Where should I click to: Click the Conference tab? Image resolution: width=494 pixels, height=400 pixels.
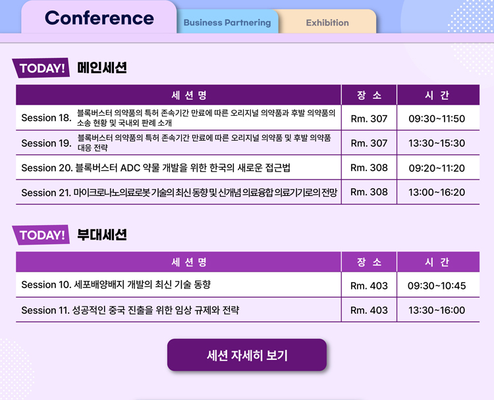[99, 18]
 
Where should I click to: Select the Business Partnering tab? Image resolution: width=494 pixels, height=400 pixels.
[227, 22]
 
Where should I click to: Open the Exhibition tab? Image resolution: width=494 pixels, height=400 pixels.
[327, 22]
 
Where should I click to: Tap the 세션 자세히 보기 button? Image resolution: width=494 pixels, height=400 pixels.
[247, 355]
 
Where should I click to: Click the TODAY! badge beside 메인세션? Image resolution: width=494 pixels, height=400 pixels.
[41, 68]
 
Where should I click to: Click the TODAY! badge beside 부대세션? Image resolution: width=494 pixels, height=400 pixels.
[41, 235]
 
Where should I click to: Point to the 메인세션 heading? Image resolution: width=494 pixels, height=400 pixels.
[102, 68]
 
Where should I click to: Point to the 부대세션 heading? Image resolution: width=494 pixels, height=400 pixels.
[102, 234]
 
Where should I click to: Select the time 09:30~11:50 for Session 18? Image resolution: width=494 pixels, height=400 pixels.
[437, 118]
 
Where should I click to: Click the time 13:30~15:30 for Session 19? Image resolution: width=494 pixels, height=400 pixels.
[437, 143]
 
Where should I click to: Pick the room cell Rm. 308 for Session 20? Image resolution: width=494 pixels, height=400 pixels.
[369, 167]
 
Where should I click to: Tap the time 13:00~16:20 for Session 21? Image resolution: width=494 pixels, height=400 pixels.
[437, 192]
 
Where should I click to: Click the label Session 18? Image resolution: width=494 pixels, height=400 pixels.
[47, 118]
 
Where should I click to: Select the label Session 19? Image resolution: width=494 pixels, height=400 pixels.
[47, 143]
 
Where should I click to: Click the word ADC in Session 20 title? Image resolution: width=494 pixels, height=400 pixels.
[130, 168]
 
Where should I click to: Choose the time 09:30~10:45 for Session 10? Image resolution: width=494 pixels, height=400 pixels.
[437, 286]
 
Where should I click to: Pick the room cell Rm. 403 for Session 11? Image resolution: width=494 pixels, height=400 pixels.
[369, 310]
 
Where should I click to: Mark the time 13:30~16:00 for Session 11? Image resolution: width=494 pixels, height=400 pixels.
[437, 310]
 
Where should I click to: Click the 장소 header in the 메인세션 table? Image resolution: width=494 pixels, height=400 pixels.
[369, 95]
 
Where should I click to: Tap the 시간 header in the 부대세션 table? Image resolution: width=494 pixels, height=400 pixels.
[437, 262]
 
